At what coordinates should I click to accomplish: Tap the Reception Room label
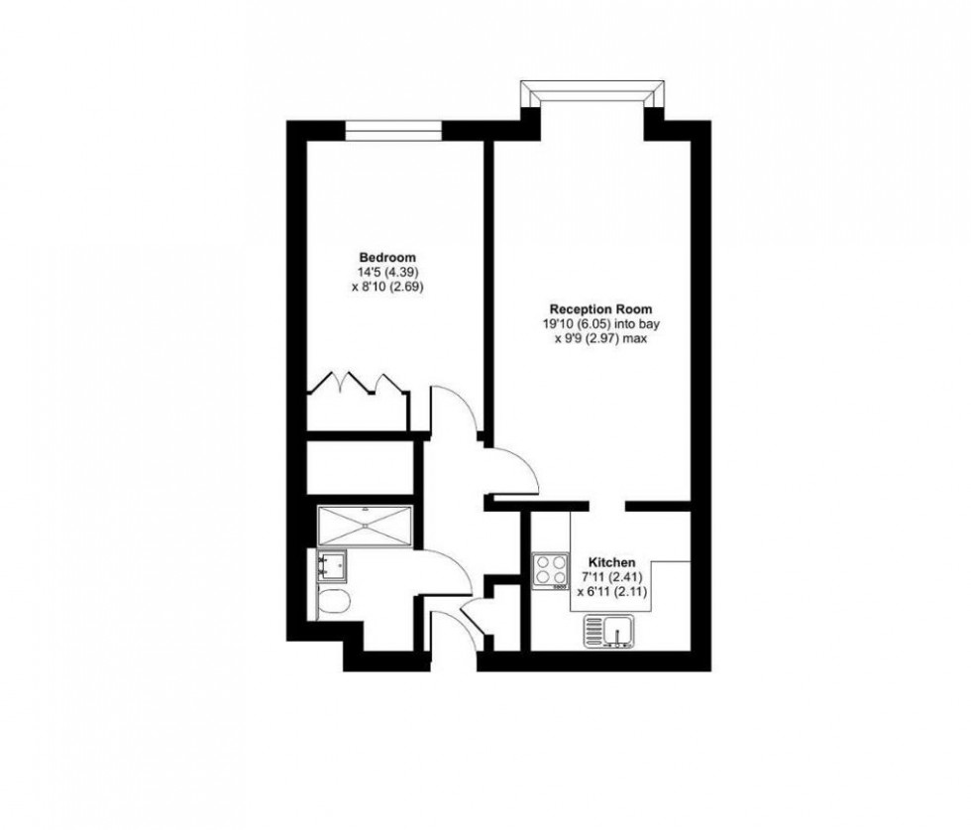[x=593, y=308]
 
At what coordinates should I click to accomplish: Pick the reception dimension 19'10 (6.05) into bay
[x=593, y=323]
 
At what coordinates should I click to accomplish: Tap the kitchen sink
[x=608, y=630]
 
